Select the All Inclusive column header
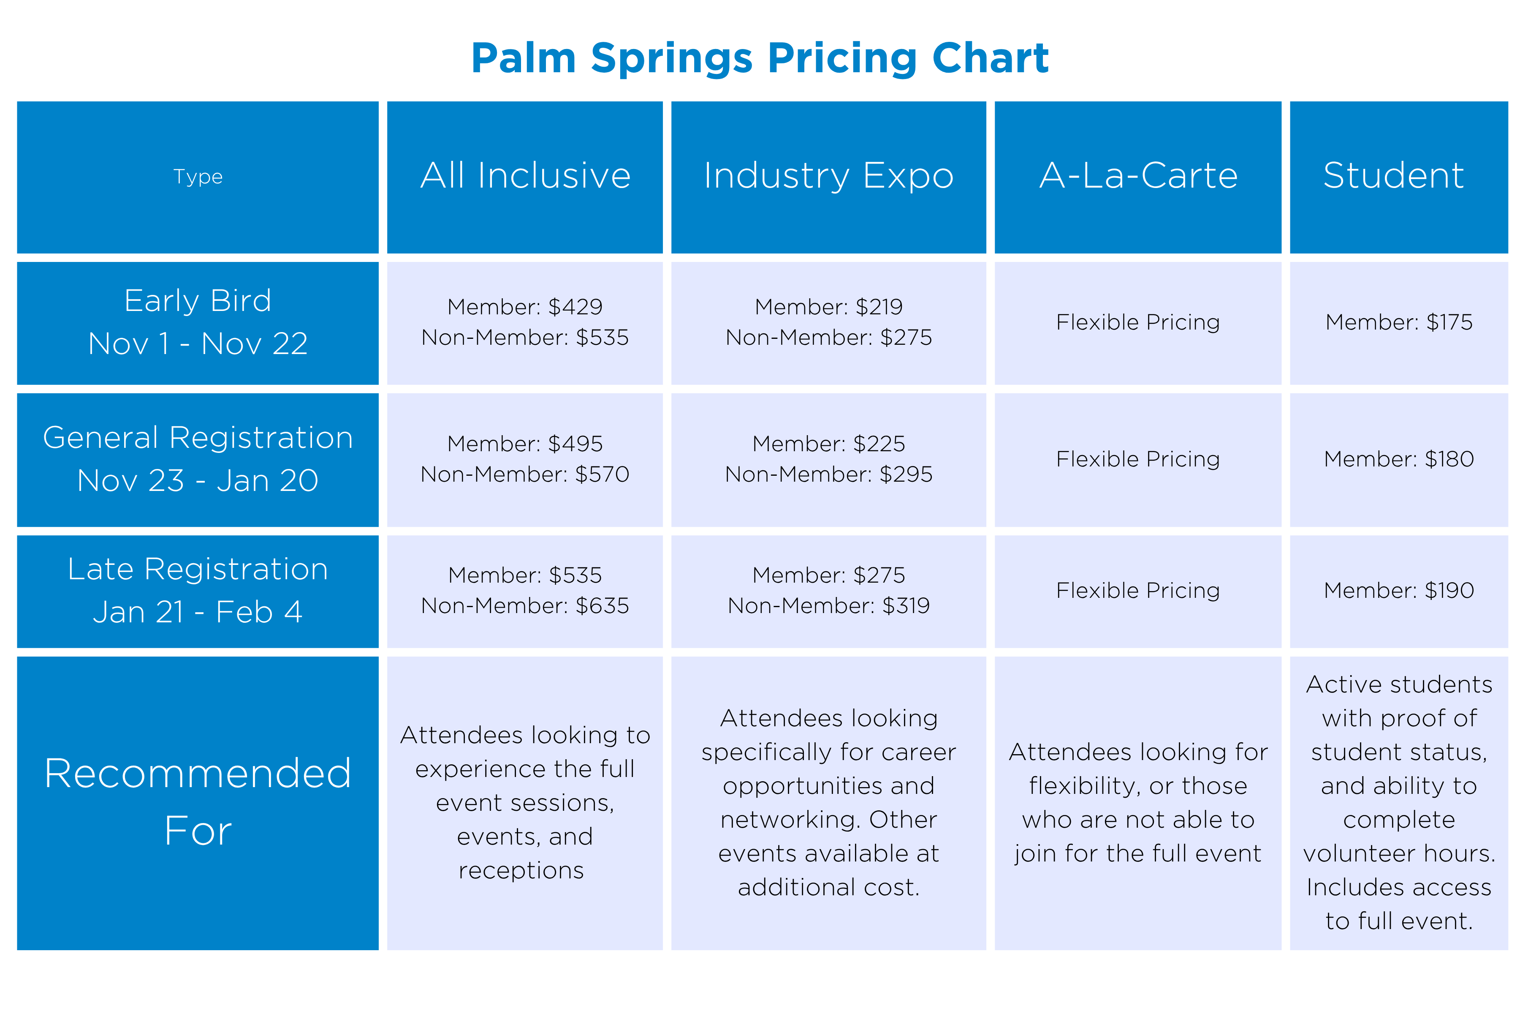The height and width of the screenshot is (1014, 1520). pyautogui.click(x=525, y=175)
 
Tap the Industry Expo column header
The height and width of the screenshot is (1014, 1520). pyautogui.click(x=828, y=175)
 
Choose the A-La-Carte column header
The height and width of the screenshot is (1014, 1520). pyautogui.click(x=1138, y=175)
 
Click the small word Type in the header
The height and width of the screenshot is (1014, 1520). pyautogui.click(x=198, y=177)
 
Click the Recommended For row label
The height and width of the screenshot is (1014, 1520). pyautogui.click(x=198, y=802)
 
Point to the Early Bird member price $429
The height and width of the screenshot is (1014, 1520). pyautogui.click(x=525, y=307)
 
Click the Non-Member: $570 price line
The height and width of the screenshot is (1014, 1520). pyautogui.click(x=525, y=474)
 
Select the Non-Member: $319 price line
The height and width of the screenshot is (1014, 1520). pyautogui.click(x=828, y=606)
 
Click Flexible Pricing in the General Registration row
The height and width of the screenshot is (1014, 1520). pyautogui.click(x=1138, y=459)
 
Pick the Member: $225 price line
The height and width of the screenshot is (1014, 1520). pyautogui.click(x=828, y=444)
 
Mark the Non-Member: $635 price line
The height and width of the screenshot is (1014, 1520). pyautogui.click(x=525, y=606)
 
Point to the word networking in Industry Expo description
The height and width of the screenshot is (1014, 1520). pyautogui.click(x=790, y=820)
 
